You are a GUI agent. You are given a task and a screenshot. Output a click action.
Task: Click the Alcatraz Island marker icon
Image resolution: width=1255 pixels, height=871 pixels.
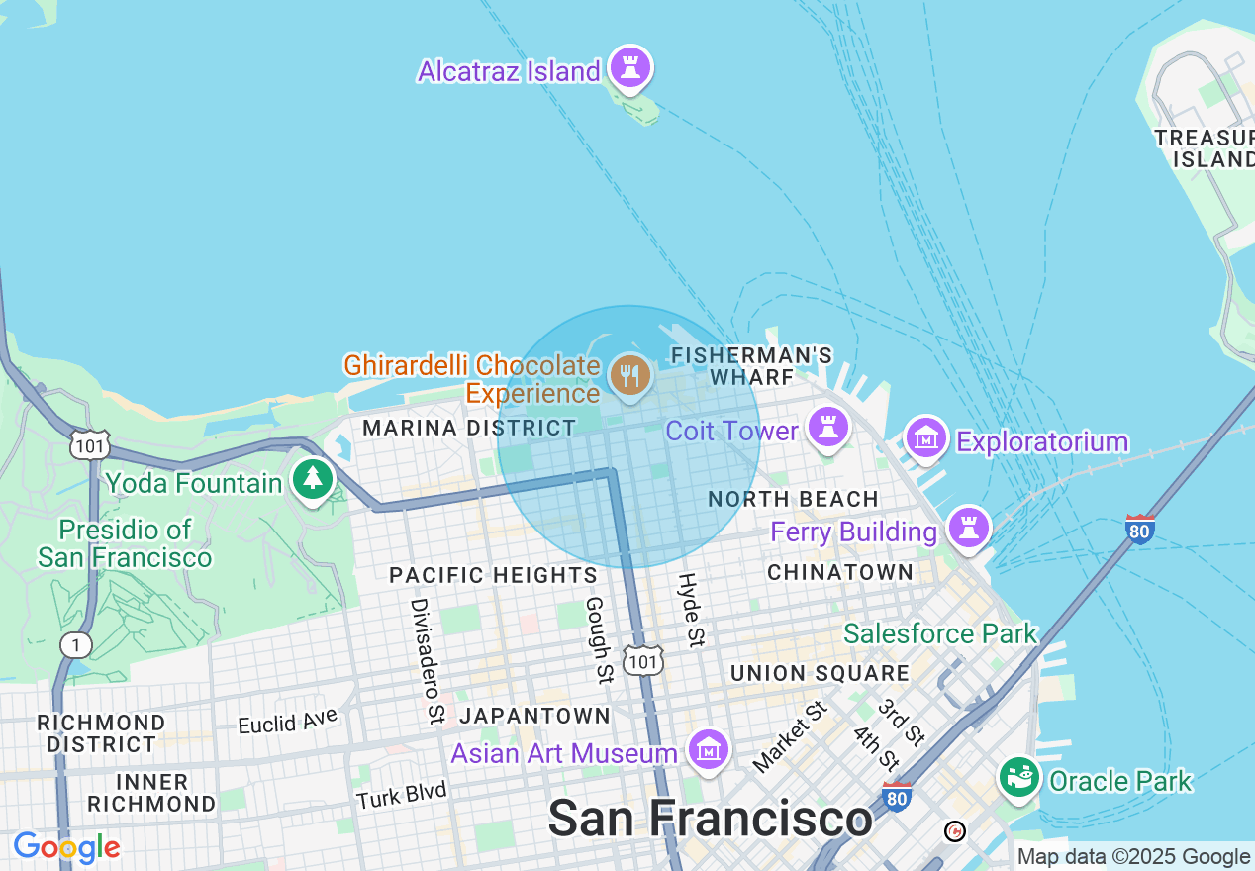pyautogui.click(x=629, y=67)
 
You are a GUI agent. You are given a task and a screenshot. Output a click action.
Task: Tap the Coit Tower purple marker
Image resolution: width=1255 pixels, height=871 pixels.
pyautogui.click(x=828, y=428)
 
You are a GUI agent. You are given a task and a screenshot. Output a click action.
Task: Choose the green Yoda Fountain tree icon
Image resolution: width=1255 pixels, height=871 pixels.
pyautogui.click(x=314, y=480)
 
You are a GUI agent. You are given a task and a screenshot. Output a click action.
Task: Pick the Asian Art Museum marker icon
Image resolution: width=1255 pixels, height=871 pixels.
pyautogui.click(x=709, y=750)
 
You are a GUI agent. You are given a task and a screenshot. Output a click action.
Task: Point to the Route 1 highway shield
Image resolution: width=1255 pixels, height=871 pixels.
pyautogui.click(x=75, y=645)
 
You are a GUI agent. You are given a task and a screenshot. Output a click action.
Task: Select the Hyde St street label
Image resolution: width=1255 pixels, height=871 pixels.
pyautogui.click(x=691, y=609)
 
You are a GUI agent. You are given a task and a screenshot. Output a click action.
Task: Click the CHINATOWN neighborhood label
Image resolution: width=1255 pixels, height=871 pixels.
pyautogui.click(x=840, y=572)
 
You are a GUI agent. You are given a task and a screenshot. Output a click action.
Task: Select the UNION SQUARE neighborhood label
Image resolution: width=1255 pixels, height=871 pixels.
pyautogui.click(x=820, y=674)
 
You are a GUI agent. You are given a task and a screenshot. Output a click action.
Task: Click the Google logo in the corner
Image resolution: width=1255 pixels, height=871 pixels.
pyautogui.click(x=66, y=848)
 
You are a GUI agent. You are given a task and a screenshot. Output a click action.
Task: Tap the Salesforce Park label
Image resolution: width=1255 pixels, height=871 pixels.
pyautogui.click(x=940, y=633)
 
